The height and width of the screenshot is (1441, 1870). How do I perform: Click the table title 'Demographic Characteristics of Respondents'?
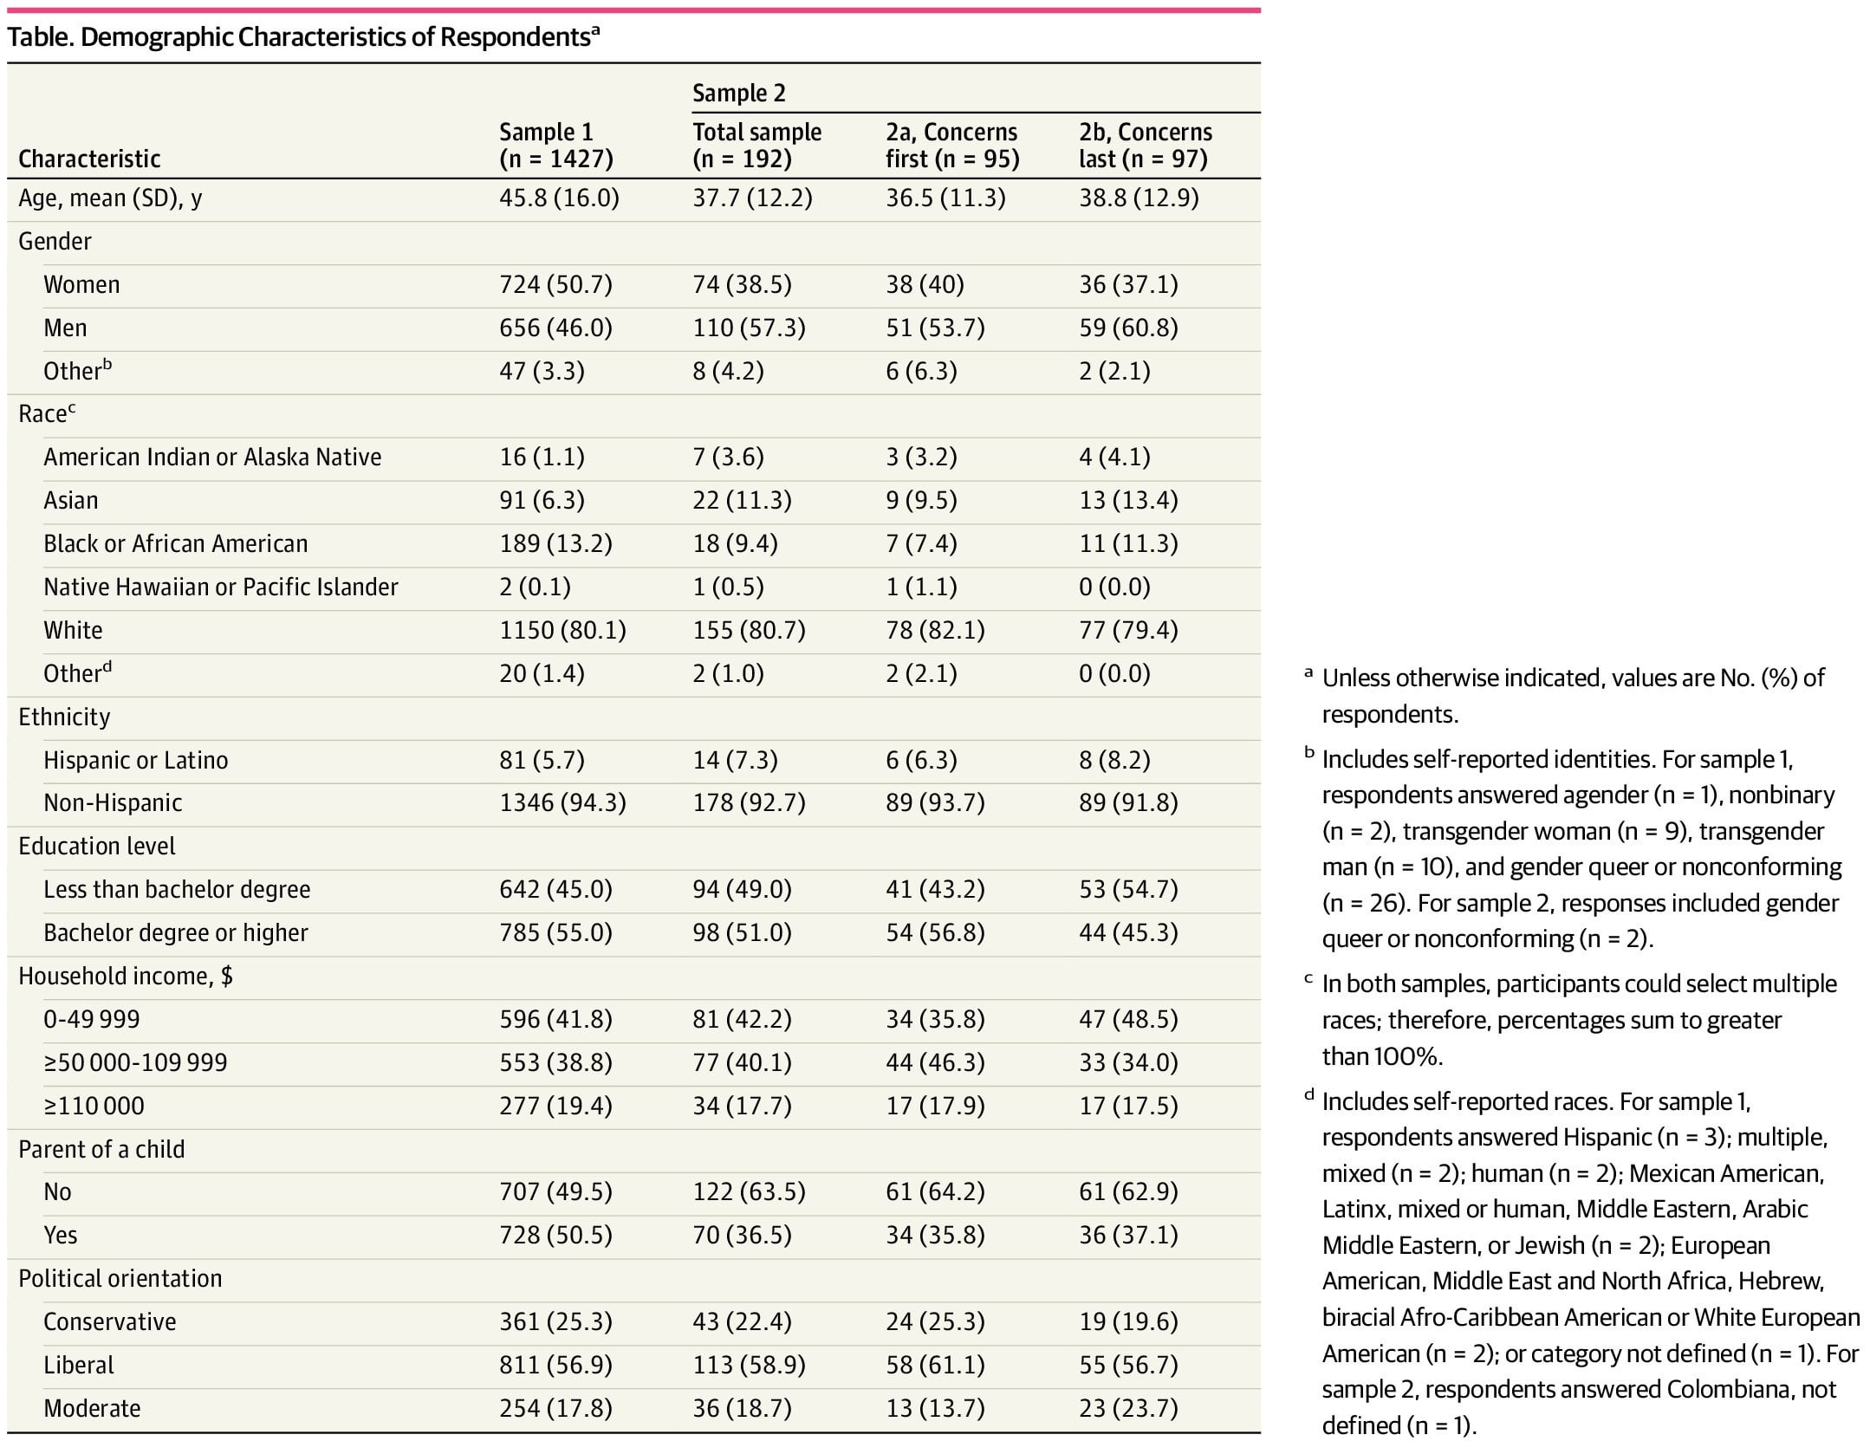coord(335,37)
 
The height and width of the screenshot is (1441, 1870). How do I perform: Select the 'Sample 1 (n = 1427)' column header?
coord(556,145)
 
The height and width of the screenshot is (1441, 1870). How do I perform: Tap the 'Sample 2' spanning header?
coord(739,93)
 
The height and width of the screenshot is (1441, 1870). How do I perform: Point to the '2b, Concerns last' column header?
coord(1145,145)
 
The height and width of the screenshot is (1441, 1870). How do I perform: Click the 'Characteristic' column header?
coord(89,159)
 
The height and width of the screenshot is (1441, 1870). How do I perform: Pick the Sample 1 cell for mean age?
coord(559,198)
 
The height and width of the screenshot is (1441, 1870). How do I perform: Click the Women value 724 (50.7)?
coord(555,284)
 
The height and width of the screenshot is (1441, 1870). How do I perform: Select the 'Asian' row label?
coord(71,500)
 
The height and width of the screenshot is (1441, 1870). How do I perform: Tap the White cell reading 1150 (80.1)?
coord(562,630)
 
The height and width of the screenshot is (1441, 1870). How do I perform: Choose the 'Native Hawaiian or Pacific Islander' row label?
coord(221,587)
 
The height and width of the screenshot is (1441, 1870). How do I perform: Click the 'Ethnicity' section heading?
coord(64,717)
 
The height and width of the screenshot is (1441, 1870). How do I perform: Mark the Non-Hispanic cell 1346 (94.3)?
coord(562,802)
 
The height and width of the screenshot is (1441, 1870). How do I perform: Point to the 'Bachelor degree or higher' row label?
coord(176,932)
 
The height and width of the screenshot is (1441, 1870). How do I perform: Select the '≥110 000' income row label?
coord(94,1106)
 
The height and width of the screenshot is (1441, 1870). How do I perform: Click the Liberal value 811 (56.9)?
coord(555,1365)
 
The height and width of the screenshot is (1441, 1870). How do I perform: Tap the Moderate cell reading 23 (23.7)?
coord(1128,1408)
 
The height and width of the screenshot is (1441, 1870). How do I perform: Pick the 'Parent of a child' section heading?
coord(101,1149)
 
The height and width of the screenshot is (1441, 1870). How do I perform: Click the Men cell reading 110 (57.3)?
coord(749,328)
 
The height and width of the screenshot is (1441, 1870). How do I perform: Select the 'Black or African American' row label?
coord(176,543)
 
